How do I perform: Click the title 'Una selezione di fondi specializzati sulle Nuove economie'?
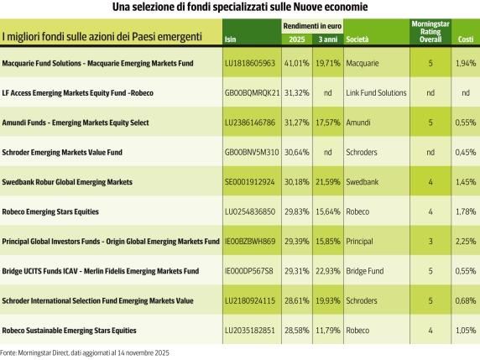tap(239, 8)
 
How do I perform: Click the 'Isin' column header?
tap(232, 39)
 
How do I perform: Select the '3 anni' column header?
tap(325, 39)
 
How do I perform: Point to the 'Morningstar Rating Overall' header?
tap(430, 30)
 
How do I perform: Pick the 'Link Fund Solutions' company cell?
tap(375, 92)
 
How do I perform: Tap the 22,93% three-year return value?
tap(325, 270)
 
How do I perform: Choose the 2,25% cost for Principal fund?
tap(464, 241)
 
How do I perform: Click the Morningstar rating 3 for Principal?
tap(430, 241)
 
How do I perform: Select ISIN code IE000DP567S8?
tap(250, 270)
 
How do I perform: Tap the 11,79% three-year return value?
tap(325, 330)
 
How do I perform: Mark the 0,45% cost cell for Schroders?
tap(464, 152)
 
